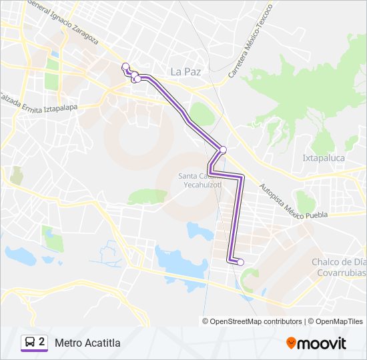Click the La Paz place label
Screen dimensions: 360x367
tap(186, 71)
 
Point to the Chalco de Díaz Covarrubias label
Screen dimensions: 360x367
tap(338, 267)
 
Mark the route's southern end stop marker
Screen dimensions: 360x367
tap(241, 262)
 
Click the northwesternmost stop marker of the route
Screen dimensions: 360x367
tap(125, 65)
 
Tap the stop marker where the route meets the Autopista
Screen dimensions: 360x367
tap(223, 149)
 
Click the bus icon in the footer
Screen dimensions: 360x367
tap(29, 343)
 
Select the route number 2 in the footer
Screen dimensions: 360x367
tap(42, 342)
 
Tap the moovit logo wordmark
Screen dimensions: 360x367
tap(323, 343)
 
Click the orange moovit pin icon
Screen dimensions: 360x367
tap(291, 343)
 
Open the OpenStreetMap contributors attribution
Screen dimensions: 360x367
tap(256, 321)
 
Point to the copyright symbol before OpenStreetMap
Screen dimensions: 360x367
tap(206, 321)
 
